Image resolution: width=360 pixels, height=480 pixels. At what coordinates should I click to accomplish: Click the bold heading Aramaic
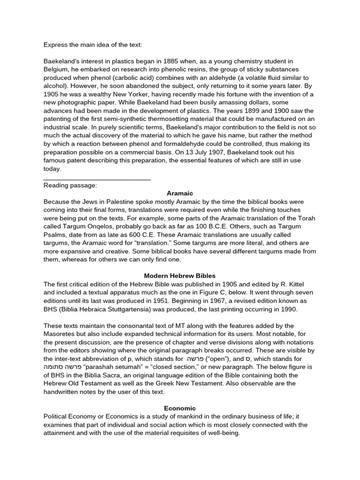tap(180, 193)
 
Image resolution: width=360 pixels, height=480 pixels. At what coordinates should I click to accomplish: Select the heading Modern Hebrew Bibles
tap(180, 276)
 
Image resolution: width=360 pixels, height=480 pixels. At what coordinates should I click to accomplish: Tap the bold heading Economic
tap(180, 408)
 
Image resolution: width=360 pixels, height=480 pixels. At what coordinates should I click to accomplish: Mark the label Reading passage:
tap(70, 185)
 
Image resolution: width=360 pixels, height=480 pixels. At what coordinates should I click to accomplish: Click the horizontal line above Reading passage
tap(97, 179)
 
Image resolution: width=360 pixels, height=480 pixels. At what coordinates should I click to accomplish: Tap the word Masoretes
tap(62, 334)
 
